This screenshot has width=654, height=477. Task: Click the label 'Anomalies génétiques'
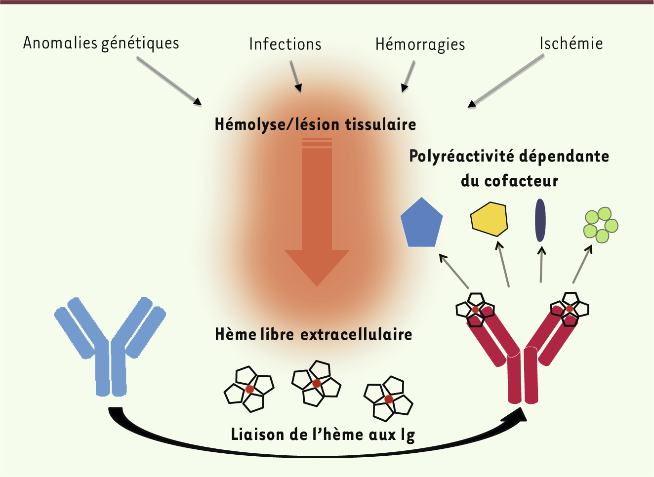tap(101, 43)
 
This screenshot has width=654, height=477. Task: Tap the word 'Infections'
tap(285, 44)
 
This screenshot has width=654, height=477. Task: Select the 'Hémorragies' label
tap(420, 44)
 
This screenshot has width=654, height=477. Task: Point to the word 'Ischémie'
tap(571, 43)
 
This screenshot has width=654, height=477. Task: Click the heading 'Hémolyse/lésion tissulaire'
tap(315, 124)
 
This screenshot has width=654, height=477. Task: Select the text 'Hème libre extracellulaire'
tap(314, 335)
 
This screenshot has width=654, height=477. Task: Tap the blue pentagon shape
tap(421, 224)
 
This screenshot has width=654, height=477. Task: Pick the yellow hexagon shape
tap(489, 218)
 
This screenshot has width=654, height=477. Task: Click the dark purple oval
tap(540, 220)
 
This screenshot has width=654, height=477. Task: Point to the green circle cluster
tap(601, 225)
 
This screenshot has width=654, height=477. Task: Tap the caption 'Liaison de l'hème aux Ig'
tap(323, 435)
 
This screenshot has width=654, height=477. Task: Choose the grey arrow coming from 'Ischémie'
tap(506, 80)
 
